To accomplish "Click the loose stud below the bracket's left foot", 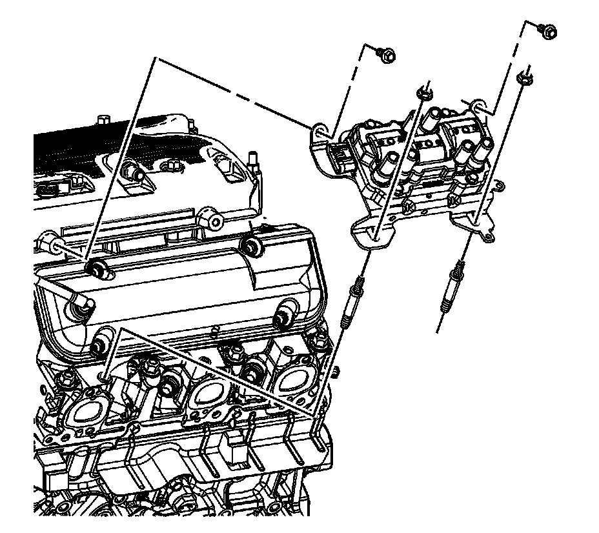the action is [x=352, y=298].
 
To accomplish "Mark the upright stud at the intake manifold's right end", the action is [x=254, y=161].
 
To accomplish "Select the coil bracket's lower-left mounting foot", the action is [x=371, y=234].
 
